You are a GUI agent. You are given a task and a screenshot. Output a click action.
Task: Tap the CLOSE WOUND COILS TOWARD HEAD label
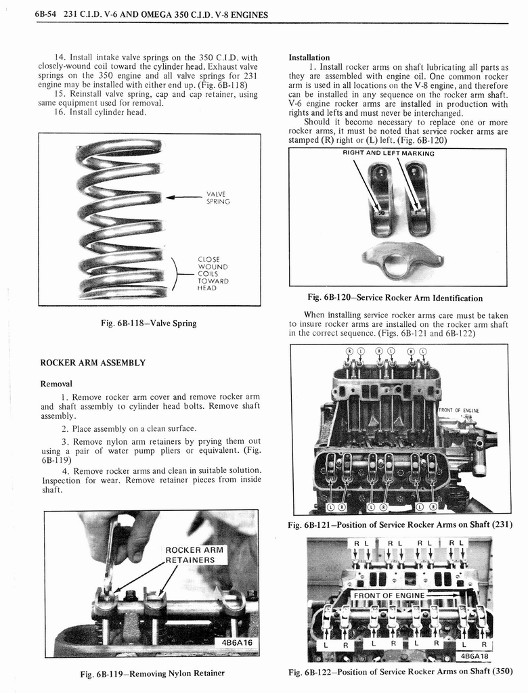point(213,273)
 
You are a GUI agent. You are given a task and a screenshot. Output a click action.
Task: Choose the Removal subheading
point(56,384)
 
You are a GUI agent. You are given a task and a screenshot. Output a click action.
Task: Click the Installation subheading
point(309,58)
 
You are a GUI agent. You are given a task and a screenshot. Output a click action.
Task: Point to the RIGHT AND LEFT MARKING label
point(388,154)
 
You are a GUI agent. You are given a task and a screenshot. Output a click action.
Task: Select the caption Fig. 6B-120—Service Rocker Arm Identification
point(395,298)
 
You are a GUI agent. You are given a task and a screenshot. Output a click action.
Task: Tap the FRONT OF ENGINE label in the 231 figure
point(460,409)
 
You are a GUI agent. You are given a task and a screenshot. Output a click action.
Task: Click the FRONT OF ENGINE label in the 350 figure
point(389,596)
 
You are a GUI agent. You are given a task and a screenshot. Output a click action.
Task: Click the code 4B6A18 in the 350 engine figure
point(473,655)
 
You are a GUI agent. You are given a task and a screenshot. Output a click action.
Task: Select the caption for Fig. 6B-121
point(400,525)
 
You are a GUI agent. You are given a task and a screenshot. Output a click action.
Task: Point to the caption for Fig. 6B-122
point(400,671)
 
